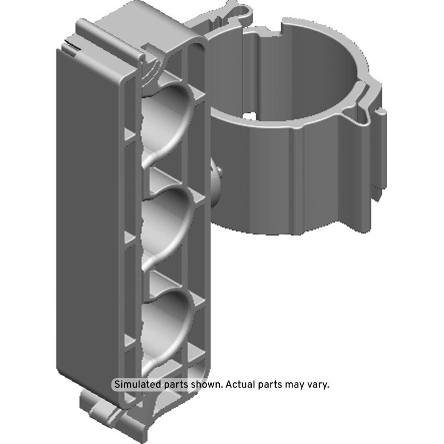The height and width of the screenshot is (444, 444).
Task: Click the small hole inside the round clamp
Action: pos(249,116)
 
